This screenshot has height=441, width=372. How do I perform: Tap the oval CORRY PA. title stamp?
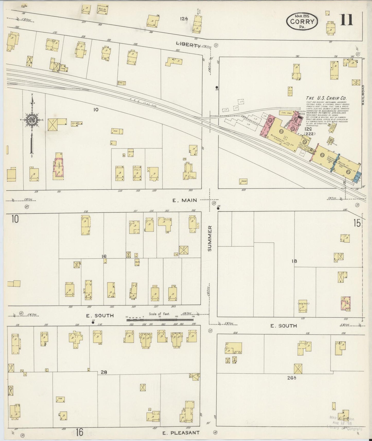[x=302, y=22]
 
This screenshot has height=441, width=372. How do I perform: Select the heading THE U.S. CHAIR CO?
[x=326, y=98]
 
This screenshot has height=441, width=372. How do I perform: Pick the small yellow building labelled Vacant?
[x=243, y=181]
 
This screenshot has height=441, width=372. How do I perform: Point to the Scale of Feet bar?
[x=160, y=320]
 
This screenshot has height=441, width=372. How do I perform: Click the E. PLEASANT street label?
[x=181, y=433]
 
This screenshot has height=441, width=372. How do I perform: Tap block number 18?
[x=294, y=261]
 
